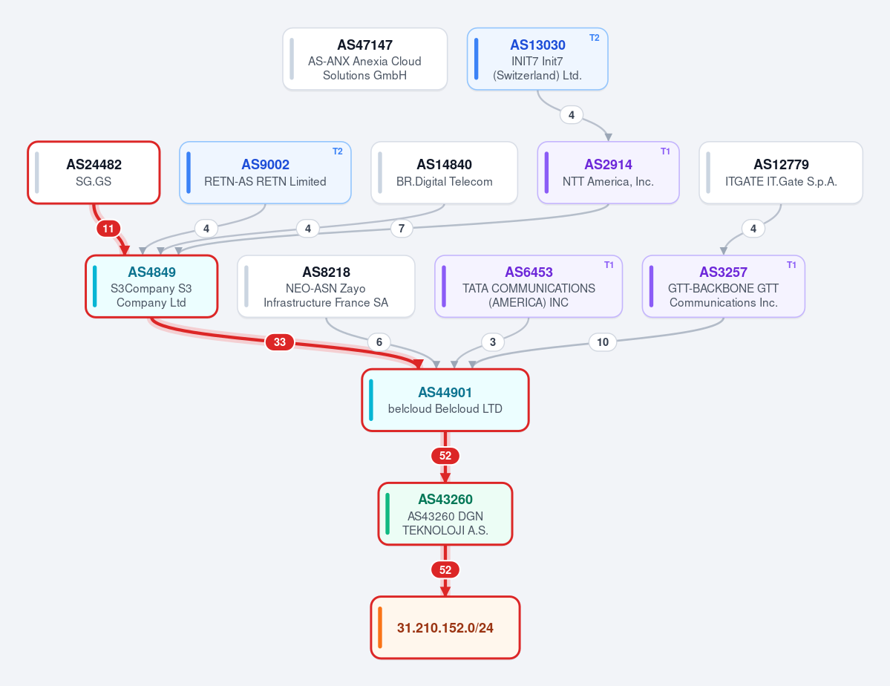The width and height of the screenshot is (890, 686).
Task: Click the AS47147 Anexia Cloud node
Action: point(365,59)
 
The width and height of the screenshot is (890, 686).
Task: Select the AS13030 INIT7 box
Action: point(537,59)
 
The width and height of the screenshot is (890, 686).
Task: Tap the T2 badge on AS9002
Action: point(338,151)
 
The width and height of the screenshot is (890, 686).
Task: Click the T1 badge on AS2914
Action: point(665,151)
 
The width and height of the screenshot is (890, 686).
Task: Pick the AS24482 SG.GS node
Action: point(94,173)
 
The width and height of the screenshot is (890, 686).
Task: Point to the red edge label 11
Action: point(108,229)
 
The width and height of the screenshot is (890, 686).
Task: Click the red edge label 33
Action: point(280,342)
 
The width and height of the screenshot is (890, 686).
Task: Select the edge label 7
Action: point(402,228)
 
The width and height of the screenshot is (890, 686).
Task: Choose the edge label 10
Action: point(603,342)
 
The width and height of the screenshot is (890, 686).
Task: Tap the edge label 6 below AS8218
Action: point(379,342)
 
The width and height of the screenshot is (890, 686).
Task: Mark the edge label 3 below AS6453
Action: point(493,342)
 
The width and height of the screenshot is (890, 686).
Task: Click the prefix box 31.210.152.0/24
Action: point(445,627)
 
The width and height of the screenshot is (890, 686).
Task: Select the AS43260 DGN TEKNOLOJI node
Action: point(445,514)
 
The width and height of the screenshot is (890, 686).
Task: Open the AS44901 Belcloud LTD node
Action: point(445,400)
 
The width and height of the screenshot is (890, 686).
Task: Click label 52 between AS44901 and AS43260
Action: point(445,455)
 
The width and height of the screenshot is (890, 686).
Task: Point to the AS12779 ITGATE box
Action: point(781,173)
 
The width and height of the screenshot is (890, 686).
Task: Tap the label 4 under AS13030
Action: point(572,115)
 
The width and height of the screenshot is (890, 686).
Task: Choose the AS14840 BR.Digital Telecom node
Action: point(445,173)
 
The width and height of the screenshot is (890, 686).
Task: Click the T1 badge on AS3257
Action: point(791,265)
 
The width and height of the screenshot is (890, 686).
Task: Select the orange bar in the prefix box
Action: point(380,627)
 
